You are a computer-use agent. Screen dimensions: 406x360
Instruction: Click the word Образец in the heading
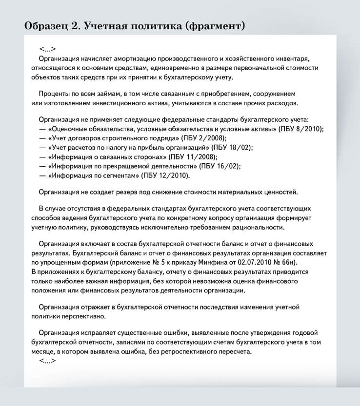point(45,25)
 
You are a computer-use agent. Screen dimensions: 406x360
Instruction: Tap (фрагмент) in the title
point(215,25)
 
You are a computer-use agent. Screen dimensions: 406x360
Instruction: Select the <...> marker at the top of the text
point(47,49)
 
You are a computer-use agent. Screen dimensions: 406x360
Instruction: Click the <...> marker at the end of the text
point(47,361)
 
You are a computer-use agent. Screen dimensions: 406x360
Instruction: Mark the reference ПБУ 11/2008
point(193,156)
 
